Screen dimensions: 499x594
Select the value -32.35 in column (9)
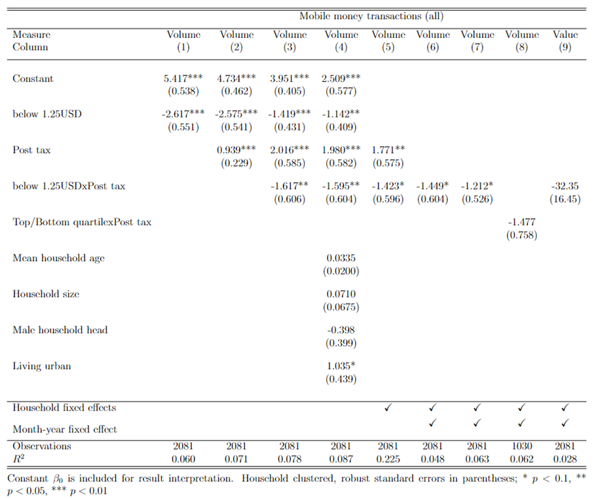click(x=565, y=186)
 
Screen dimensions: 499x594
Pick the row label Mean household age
click(x=58, y=258)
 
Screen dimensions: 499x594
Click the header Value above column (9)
click(x=565, y=34)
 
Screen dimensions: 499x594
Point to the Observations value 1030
click(x=521, y=446)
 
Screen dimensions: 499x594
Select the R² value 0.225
click(x=388, y=459)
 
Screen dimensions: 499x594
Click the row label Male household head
click(x=60, y=330)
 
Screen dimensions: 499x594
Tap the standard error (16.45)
click(x=565, y=199)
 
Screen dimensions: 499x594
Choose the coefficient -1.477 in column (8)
click(x=521, y=222)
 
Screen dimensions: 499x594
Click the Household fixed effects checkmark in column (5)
click(x=388, y=407)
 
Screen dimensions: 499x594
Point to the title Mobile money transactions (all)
click(x=371, y=16)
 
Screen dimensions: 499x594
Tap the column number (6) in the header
click(x=432, y=47)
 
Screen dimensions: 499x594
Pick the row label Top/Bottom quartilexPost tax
click(x=82, y=222)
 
